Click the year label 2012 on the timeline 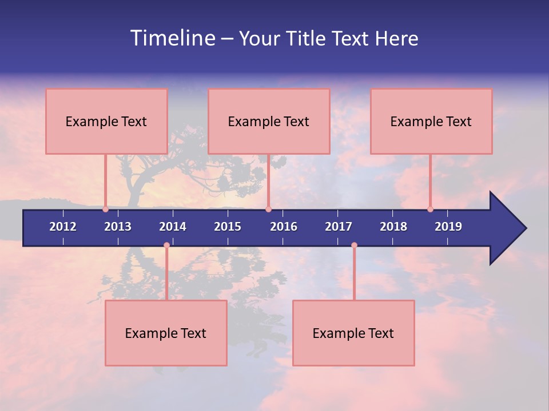tap(63, 227)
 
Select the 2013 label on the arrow tap(118, 227)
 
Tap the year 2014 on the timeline tap(173, 227)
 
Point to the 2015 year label tap(228, 227)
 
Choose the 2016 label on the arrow tap(284, 227)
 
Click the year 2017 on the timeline tap(339, 227)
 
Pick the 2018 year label tap(393, 227)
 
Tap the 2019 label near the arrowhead tap(448, 227)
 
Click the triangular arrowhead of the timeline tap(507, 228)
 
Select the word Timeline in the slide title tap(172, 38)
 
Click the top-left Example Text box tap(106, 121)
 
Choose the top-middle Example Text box tap(269, 121)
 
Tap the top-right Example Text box tap(431, 121)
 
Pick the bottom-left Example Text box tap(166, 333)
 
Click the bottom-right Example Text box tap(353, 333)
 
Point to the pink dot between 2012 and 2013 tap(106, 209)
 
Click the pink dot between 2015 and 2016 tap(268, 209)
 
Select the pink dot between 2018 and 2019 tap(430, 209)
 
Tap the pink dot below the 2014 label tap(166, 245)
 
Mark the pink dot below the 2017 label tap(354, 245)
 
